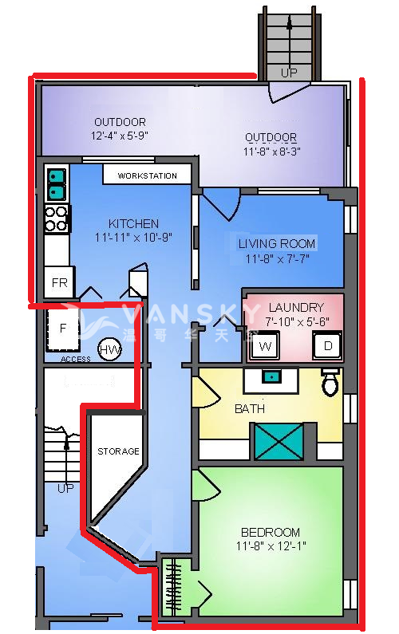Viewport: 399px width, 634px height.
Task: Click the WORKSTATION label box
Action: [147, 175]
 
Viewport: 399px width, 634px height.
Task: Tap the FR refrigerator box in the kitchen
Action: [59, 282]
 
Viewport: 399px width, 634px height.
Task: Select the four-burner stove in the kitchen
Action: [57, 219]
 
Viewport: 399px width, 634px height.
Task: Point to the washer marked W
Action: [265, 345]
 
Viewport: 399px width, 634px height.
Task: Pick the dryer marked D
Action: [327, 345]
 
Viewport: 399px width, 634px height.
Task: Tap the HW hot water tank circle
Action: [109, 350]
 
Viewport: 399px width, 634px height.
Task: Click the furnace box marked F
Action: [63, 329]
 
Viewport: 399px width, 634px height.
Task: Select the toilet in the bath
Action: [330, 382]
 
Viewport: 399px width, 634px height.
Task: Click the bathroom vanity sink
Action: [271, 378]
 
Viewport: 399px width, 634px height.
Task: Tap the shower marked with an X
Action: [279, 441]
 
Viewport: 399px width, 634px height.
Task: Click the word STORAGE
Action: [118, 451]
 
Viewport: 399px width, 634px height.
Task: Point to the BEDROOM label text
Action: [271, 532]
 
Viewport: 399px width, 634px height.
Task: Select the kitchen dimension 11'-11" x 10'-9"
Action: [133, 238]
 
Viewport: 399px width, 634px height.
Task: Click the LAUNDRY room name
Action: [296, 307]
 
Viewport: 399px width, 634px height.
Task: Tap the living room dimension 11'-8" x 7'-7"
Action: [278, 258]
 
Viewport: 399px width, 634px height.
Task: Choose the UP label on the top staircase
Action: [289, 73]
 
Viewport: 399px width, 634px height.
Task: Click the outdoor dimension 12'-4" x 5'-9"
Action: [119, 136]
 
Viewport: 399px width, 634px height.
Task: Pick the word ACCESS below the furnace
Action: [76, 359]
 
